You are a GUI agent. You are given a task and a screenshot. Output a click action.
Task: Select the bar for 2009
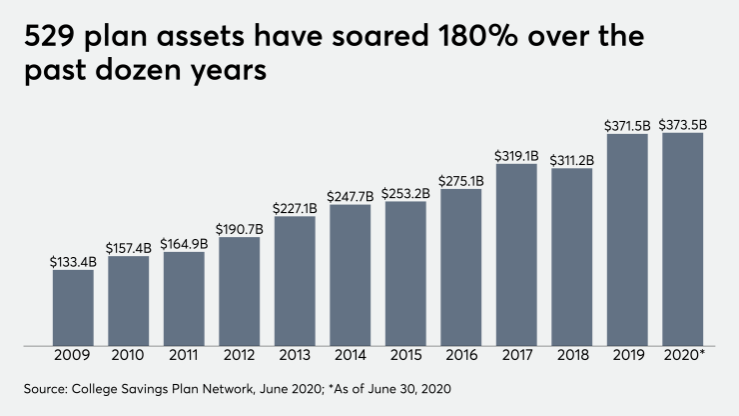click(x=73, y=308)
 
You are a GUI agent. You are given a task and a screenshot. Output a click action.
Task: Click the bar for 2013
click(x=295, y=281)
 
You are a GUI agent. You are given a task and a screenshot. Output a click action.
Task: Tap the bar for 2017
click(x=516, y=255)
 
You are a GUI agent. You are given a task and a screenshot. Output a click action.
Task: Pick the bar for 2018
click(x=572, y=257)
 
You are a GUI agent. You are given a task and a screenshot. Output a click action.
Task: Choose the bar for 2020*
click(x=683, y=239)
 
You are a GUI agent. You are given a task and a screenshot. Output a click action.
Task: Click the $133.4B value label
click(x=73, y=261)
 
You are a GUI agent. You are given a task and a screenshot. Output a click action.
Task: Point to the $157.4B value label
click(x=129, y=247)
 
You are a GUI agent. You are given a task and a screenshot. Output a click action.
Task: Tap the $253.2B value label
click(x=405, y=193)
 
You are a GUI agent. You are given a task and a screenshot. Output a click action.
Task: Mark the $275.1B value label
click(x=461, y=180)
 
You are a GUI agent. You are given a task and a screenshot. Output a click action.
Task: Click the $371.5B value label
click(x=627, y=125)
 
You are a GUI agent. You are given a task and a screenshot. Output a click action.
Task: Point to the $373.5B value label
click(x=683, y=124)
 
